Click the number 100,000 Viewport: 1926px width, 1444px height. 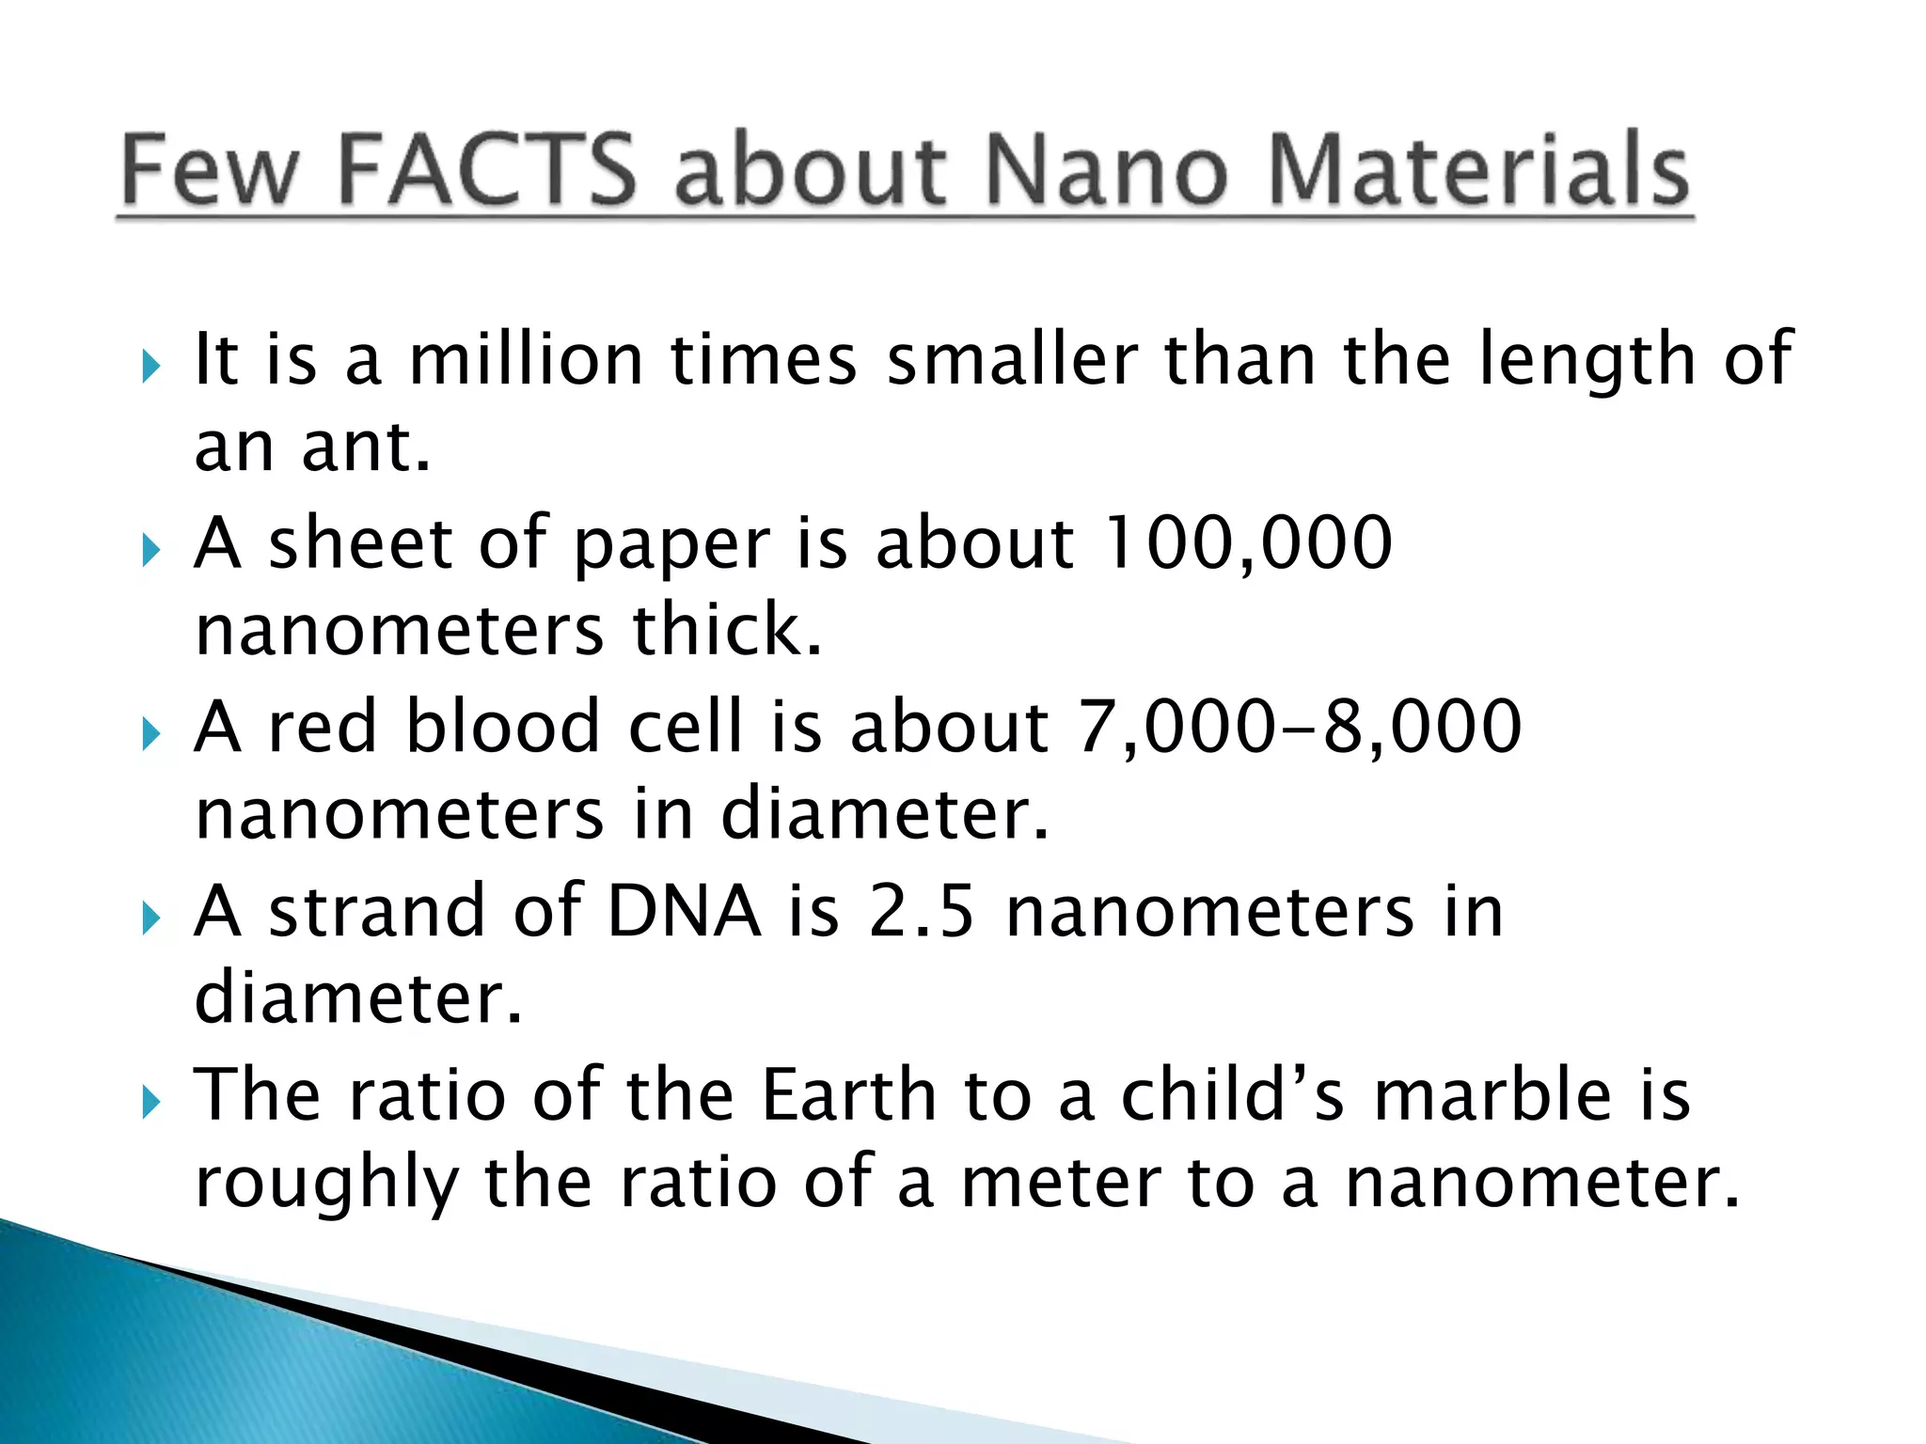coord(1248,542)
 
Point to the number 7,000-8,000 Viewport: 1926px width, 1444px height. coord(1299,727)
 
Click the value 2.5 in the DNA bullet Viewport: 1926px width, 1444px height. coord(921,911)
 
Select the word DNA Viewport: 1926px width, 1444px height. coord(684,911)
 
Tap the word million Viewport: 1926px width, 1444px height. coord(526,359)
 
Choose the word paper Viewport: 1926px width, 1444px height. coord(671,545)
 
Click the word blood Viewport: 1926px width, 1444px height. coord(502,727)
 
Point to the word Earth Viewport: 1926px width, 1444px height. coord(848,1095)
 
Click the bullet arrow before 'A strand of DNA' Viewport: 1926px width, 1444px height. coord(150,918)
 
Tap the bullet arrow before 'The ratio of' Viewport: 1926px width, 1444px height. coord(150,1102)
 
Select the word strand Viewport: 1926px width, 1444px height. coord(376,911)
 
